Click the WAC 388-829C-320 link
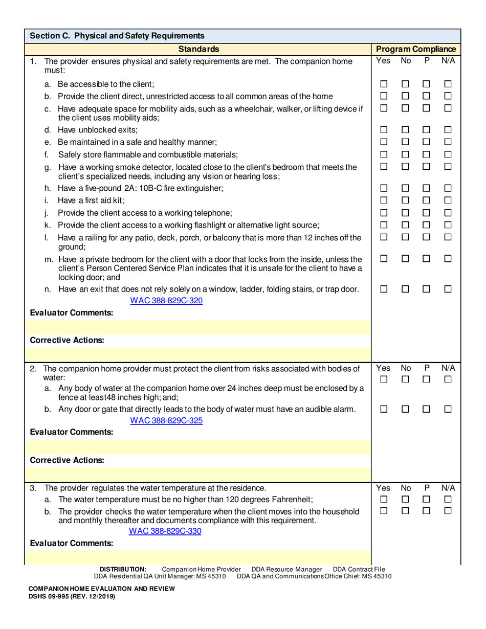tap(166, 300)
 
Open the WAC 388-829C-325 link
tap(166, 420)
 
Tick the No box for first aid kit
tap(405, 199)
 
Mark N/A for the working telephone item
tap(448, 213)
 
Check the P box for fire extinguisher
tap(426, 188)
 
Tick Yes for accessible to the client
tap(384, 84)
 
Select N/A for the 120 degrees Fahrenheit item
tap(448, 499)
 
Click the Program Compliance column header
tap(416, 49)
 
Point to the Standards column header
tap(198, 49)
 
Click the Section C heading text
tap(118, 36)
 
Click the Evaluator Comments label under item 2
tap(72, 432)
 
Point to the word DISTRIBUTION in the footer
tap(123, 569)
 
